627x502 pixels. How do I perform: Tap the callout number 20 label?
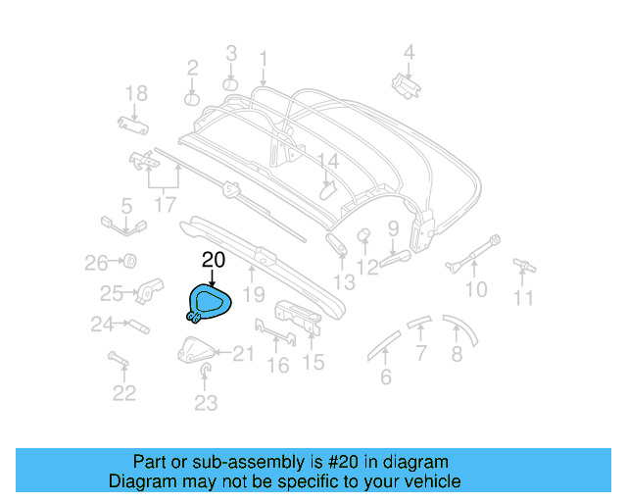pos(214,260)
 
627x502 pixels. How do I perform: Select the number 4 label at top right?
pos(410,53)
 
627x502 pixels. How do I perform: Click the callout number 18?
pos(136,94)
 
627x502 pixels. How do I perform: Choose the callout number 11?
pos(525,298)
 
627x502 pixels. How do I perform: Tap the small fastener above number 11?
pos(524,265)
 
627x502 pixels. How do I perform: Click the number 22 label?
pos(123,393)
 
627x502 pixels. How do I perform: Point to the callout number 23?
pos(206,402)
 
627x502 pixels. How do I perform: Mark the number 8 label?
pos(458,355)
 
